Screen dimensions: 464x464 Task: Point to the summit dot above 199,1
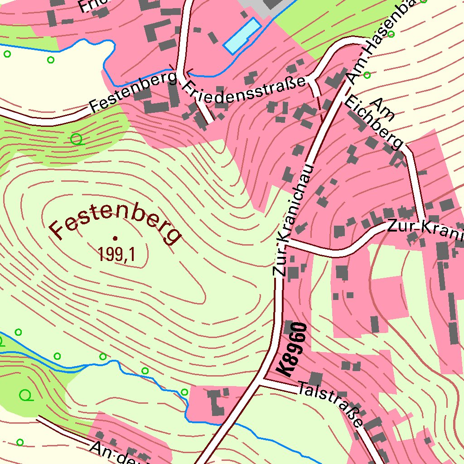(x=115, y=237)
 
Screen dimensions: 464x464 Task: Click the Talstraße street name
(x=331, y=405)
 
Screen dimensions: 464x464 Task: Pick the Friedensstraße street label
(x=245, y=93)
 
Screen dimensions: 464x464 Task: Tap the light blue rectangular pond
(x=242, y=35)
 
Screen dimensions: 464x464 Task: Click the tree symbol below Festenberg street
(x=77, y=139)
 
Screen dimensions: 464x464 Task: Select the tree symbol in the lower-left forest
(x=26, y=396)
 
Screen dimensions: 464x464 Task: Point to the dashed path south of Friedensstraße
(x=319, y=104)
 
